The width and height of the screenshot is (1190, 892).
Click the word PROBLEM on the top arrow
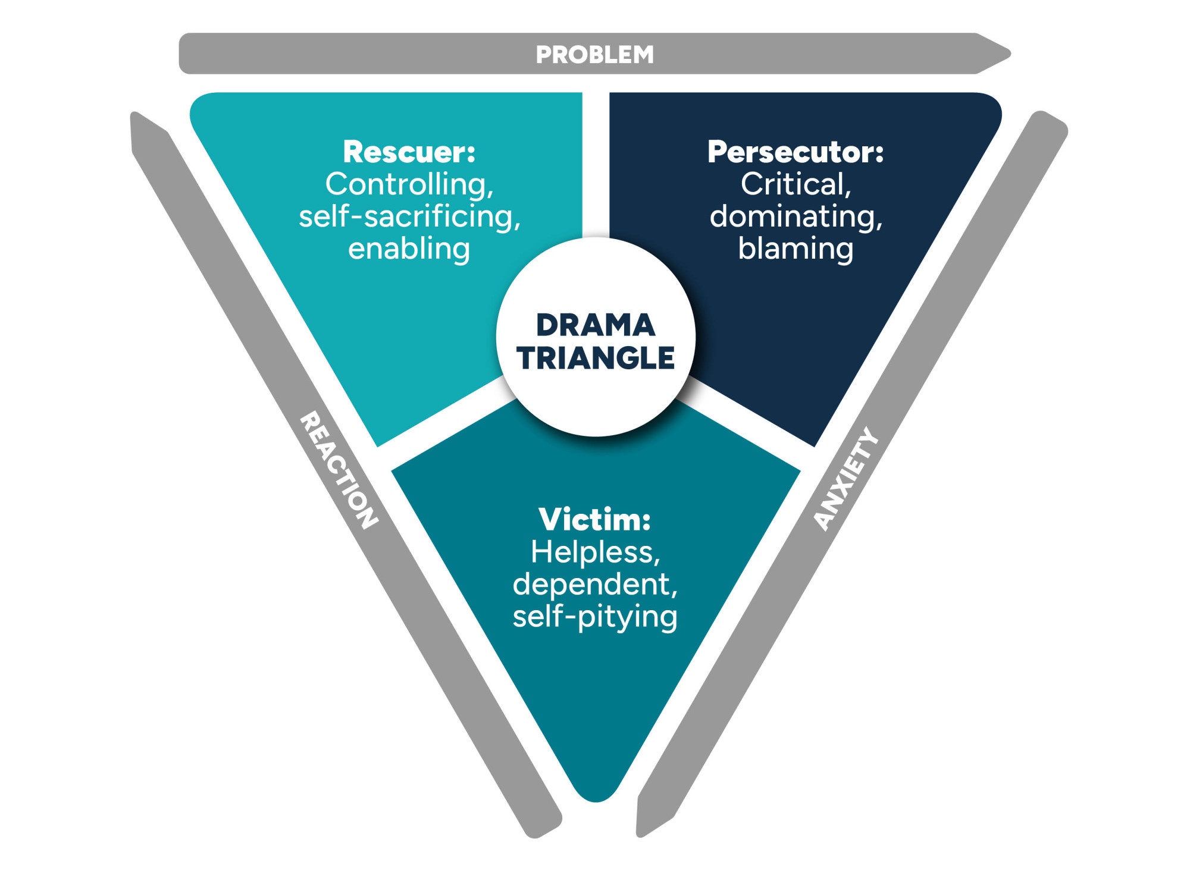point(594,55)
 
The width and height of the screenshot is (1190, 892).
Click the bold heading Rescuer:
point(409,152)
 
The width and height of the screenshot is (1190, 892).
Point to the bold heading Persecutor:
point(796,152)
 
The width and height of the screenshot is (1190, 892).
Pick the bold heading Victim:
point(594,519)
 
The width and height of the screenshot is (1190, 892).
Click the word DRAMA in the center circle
point(596,325)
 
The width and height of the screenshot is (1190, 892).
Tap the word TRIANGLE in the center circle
point(596,358)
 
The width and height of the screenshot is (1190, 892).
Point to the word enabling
point(409,249)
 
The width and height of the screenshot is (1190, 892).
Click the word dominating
point(795,216)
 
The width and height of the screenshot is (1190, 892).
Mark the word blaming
point(796,249)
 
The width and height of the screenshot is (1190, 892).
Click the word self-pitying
point(595,617)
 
